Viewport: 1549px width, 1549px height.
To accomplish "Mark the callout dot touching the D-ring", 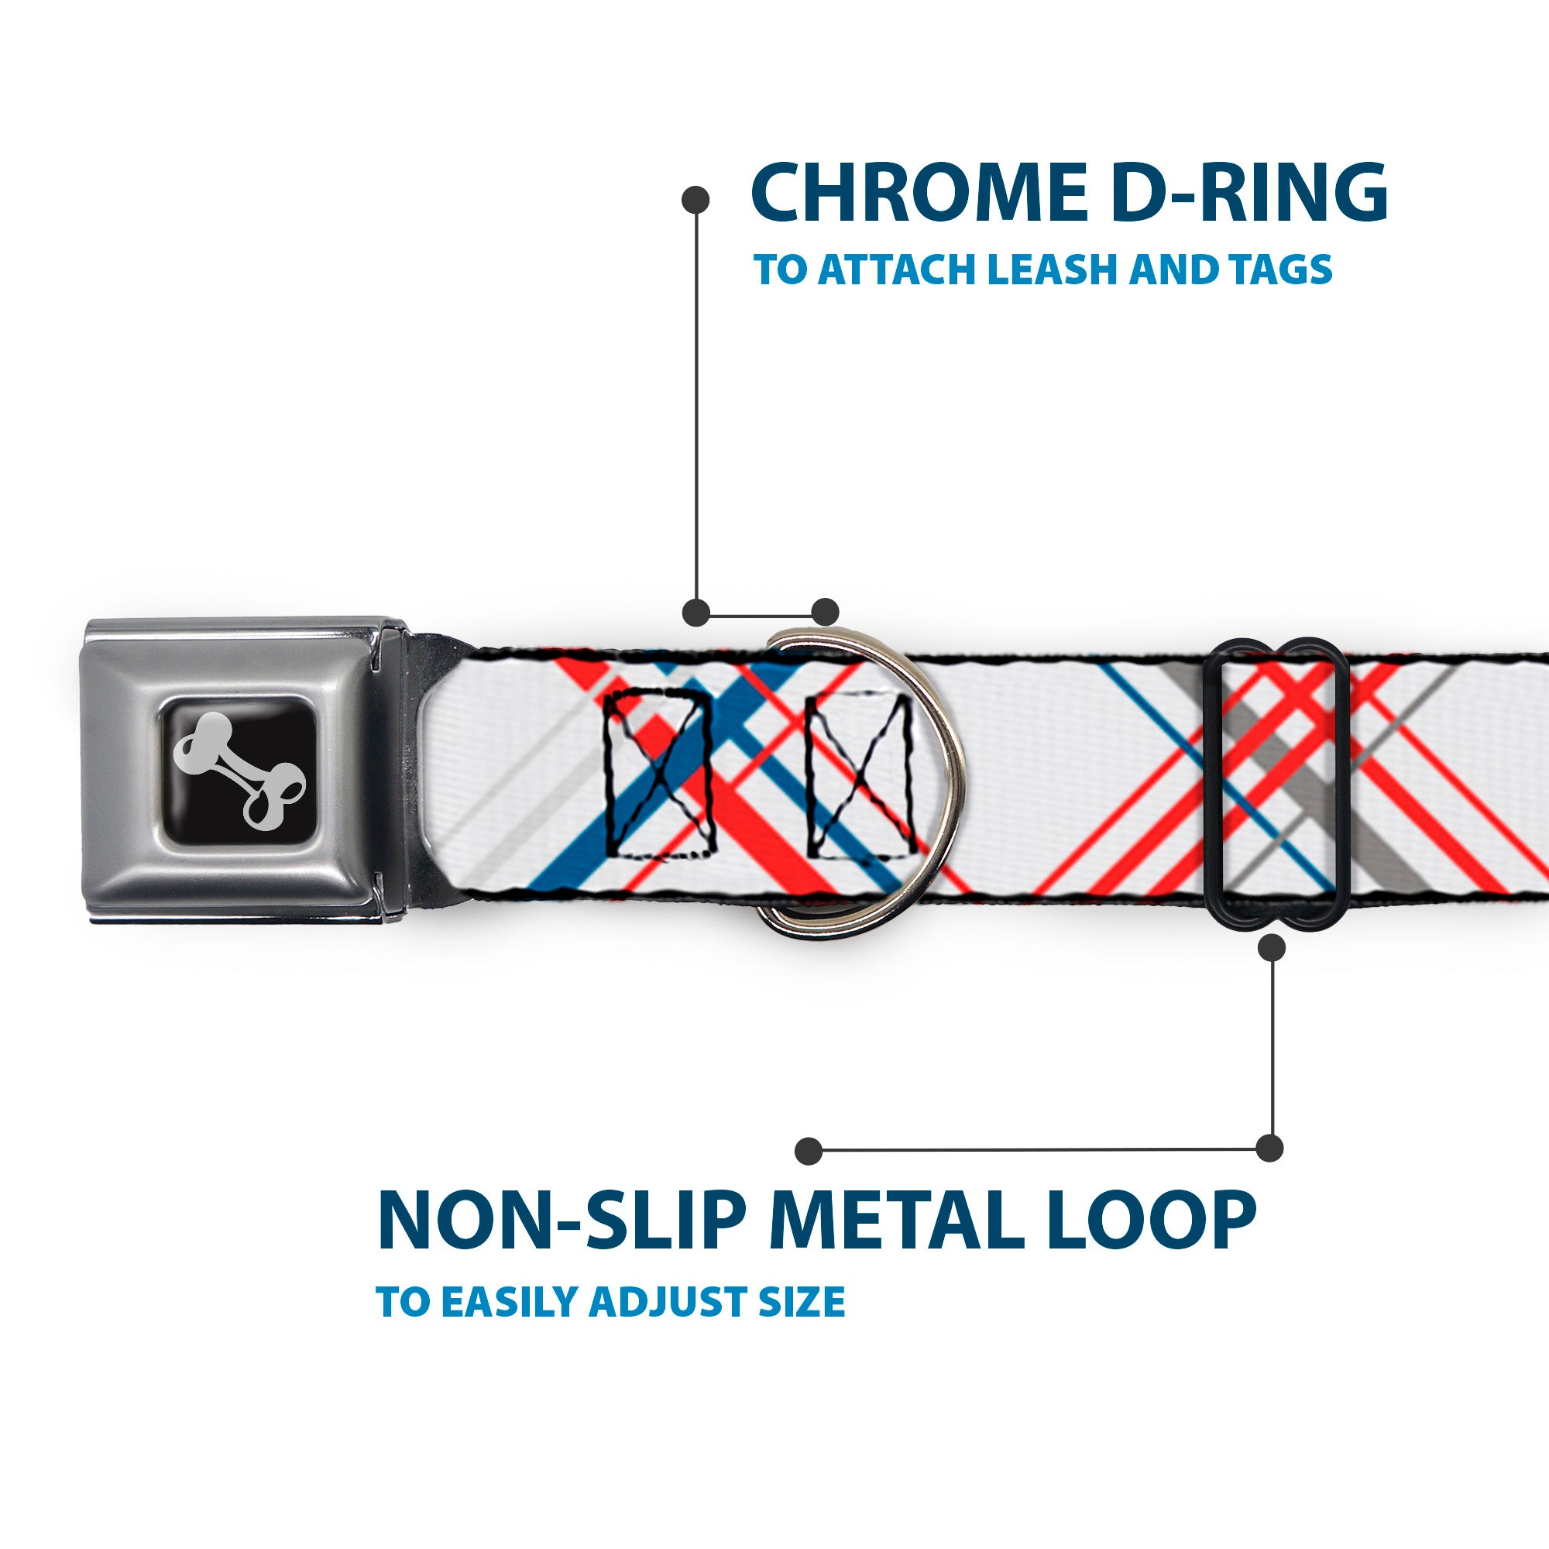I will click(824, 612).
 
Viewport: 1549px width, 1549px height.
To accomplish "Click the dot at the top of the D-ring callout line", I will click(696, 201).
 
